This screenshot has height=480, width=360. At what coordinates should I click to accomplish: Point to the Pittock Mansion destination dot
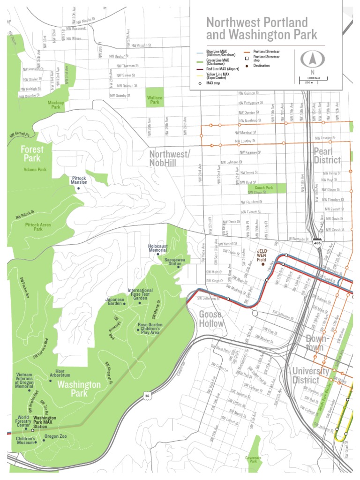point(79,188)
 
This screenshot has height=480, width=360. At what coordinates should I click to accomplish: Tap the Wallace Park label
point(155,100)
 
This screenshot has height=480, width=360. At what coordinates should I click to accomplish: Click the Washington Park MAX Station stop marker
point(32,430)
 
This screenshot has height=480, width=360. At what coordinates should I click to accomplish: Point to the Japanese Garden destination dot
point(124,304)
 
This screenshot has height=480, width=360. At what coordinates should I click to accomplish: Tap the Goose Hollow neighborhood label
point(211,319)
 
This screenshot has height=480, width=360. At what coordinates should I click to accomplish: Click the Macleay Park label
point(57,104)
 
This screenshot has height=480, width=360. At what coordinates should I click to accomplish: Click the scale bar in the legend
point(309,81)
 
